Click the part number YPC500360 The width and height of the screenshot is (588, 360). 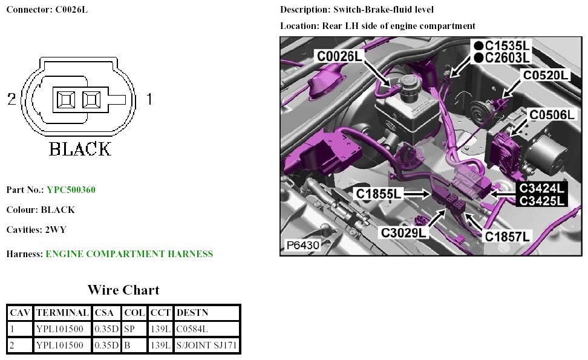point(71,190)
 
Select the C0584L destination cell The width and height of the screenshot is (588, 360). point(192,330)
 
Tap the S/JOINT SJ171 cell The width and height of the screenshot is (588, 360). point(206,345)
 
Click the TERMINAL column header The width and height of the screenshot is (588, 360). point(62,313)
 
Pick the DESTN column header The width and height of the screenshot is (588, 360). point(191,313)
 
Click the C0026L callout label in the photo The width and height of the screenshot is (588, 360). point(340,56)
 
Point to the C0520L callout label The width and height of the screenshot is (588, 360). point(546,76)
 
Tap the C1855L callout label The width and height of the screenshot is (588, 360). point(379,194)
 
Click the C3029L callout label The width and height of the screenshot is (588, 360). point(404,232)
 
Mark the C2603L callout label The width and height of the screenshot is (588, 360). point(507,57)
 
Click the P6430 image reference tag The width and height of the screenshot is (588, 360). point(302,246)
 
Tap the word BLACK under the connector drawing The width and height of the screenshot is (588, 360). point(80,148)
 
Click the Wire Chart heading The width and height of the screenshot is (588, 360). point(123,290)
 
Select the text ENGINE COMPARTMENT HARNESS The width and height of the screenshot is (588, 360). point(129,254)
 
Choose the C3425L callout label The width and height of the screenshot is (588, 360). point(543,200)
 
